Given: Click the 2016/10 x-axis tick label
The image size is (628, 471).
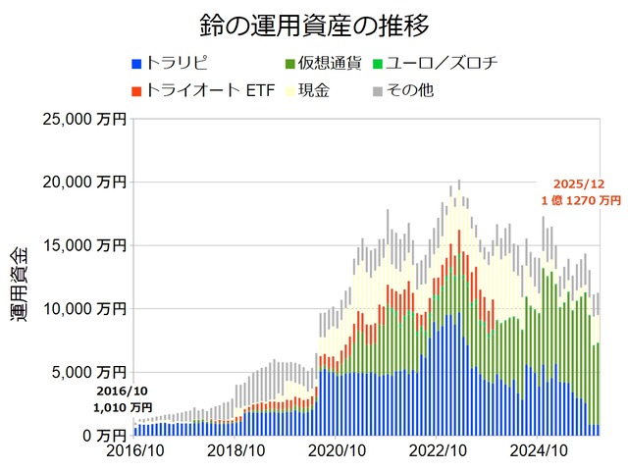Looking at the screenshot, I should pos(134,452).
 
